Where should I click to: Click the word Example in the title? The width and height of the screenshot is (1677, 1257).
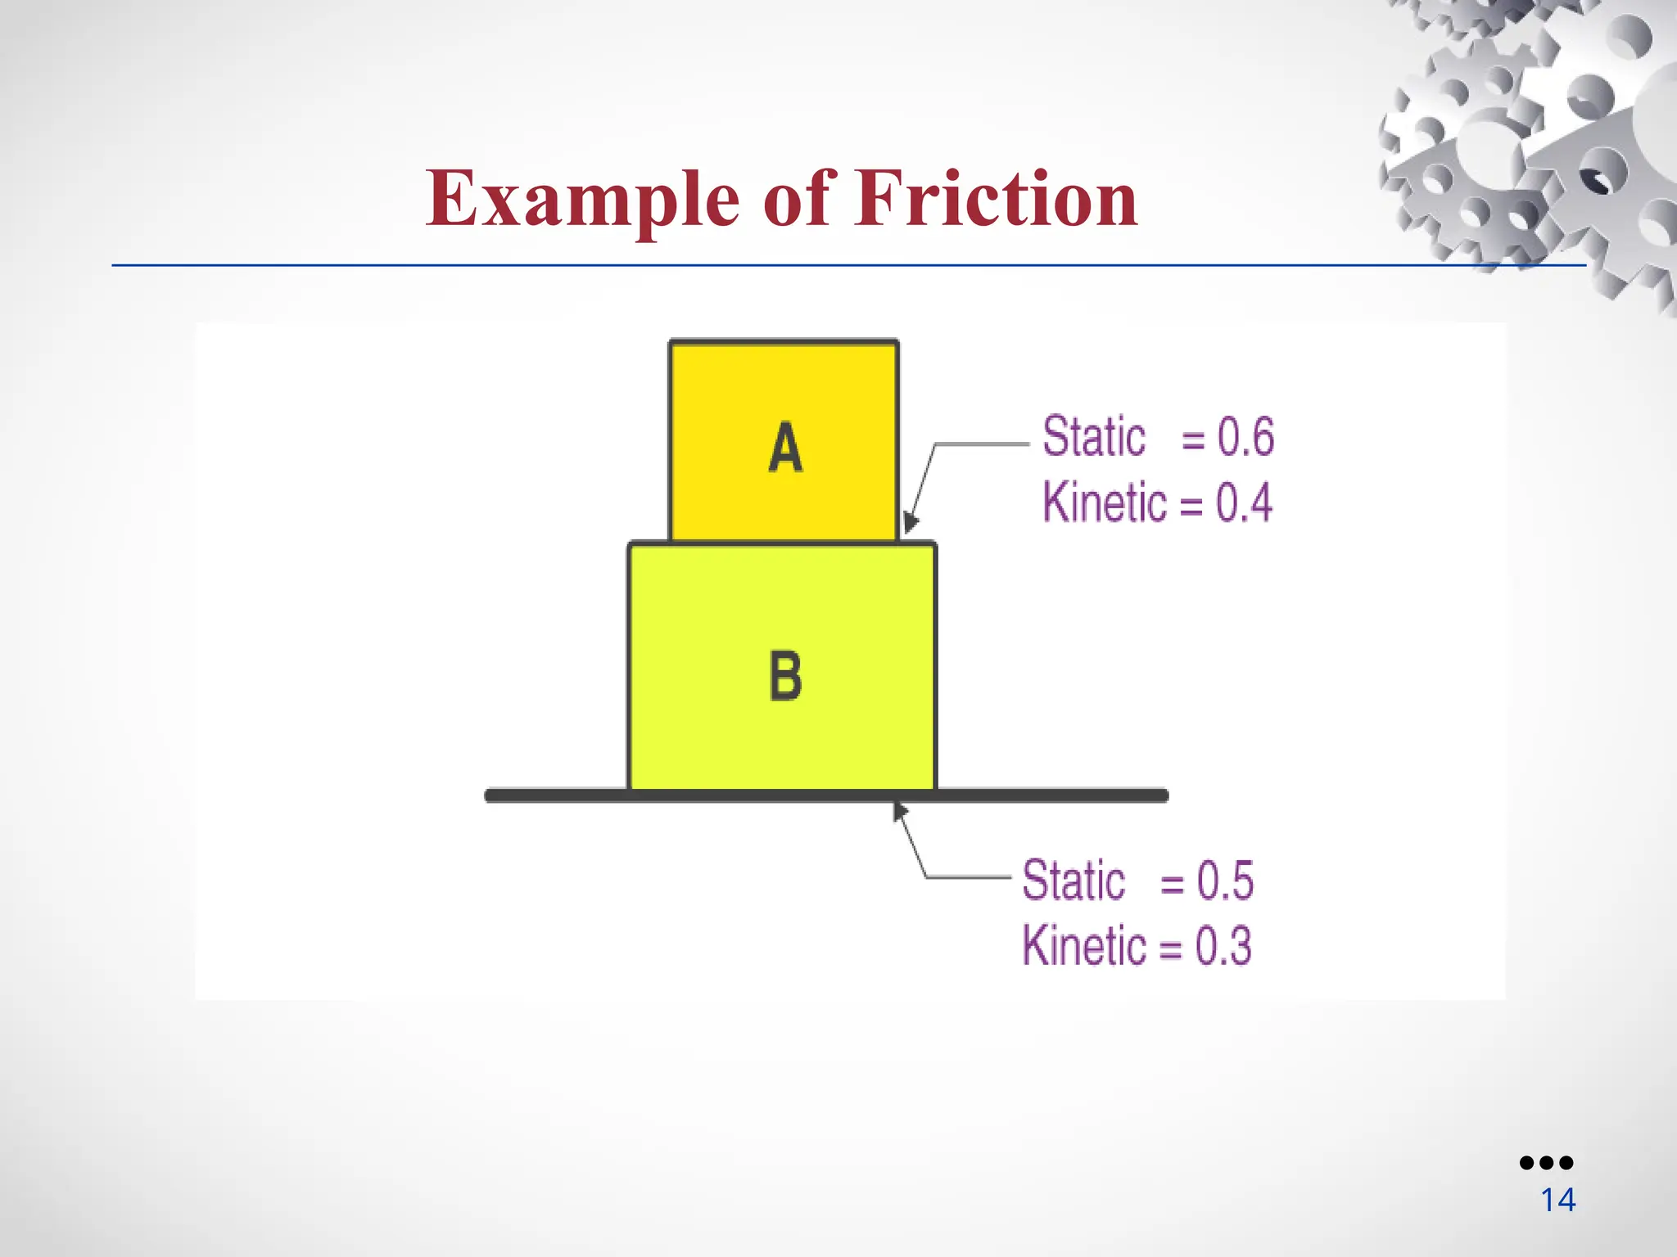582,199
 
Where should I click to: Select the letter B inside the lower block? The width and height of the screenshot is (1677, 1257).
785,675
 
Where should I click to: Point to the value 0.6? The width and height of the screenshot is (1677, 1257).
1245,436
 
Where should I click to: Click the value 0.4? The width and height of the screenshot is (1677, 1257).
1244,502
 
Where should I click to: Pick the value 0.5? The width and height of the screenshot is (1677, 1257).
1225,881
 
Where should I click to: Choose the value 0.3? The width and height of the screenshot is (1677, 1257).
1223,946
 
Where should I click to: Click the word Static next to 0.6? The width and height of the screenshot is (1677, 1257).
1093,436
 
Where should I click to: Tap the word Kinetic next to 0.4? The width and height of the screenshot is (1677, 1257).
1104,502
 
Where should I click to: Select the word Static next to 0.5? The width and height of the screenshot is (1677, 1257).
1074,881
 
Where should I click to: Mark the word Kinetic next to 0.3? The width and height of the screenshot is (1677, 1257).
1083,946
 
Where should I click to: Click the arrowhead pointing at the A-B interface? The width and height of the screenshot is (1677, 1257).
910,523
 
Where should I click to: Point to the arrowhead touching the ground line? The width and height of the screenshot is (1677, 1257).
900,811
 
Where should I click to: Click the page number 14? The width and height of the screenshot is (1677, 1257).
1557,1201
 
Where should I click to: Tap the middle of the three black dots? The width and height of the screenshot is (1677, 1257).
1546,1163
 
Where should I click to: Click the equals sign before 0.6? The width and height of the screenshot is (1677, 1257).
1193,441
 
